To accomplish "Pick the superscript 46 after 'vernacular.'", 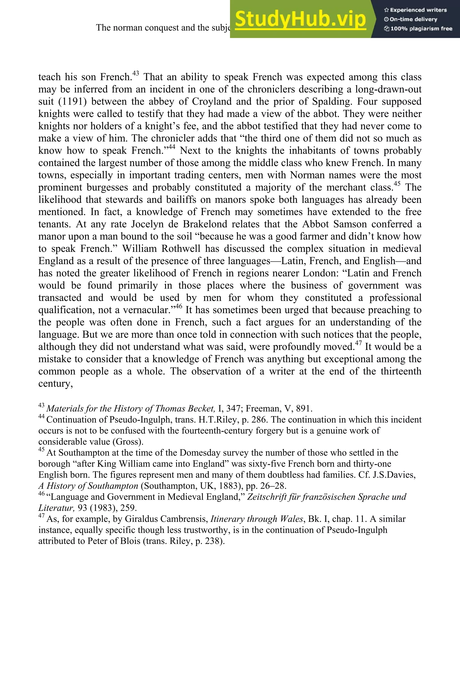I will click(179, 306).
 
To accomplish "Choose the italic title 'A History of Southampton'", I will click(88, 486).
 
